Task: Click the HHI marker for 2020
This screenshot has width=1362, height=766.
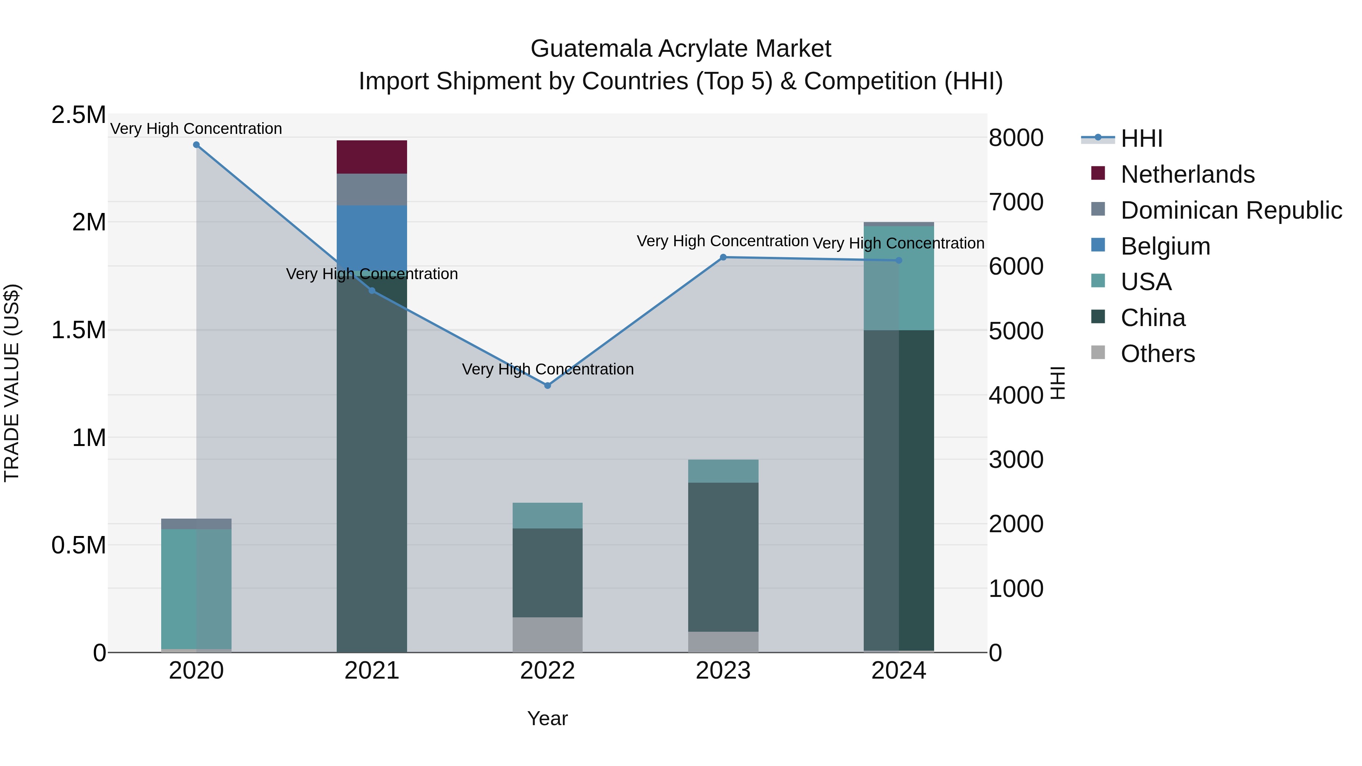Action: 196,145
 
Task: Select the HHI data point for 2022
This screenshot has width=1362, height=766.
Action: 547,385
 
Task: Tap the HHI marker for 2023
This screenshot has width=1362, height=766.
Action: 723,258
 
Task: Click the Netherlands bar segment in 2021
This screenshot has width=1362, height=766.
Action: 372,157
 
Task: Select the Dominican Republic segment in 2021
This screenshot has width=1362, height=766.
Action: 372,189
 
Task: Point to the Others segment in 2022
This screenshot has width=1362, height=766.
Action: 547,634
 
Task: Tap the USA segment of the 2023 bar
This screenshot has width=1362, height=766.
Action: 723,471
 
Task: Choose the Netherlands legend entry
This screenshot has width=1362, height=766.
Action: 1187,174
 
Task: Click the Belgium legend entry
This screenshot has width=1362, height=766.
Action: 1165,246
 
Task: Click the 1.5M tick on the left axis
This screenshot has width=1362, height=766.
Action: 79,330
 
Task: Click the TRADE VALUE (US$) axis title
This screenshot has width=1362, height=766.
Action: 12,383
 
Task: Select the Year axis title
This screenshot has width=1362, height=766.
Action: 547,718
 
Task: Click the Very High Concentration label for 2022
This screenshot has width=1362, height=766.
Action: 547,369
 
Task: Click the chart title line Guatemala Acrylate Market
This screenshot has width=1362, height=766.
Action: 681,49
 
